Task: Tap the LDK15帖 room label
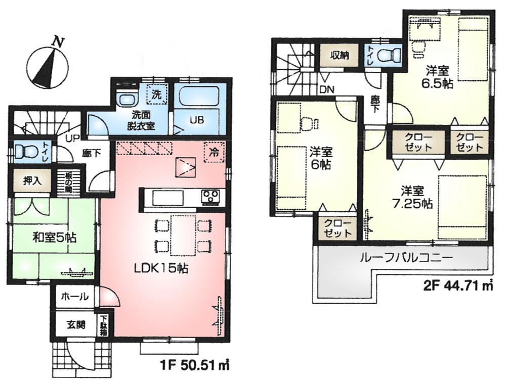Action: point(161,269)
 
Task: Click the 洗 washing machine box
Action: point(157,93)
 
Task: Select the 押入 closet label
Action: point(31,181)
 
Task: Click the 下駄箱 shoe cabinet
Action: point(103,326)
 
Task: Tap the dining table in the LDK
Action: point(183,235)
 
